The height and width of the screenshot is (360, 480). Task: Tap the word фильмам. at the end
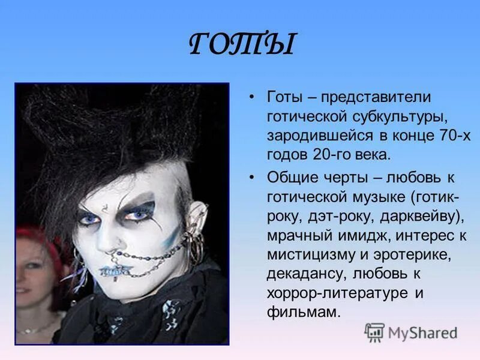click(x=304, y=312)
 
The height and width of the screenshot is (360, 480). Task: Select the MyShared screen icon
click(x=374, y=332)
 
